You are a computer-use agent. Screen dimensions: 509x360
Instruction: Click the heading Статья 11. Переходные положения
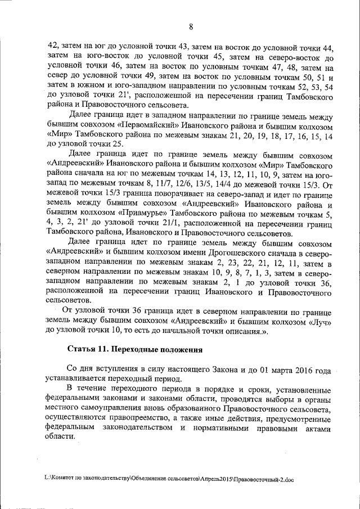[x=134, y=349]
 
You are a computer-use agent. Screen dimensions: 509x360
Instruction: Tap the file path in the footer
[x=169, y=479]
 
